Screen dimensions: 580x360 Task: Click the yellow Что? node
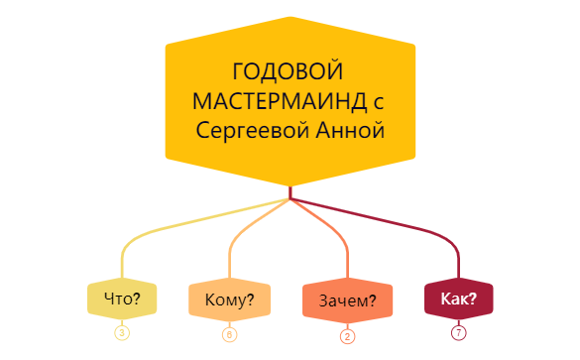point(122,299)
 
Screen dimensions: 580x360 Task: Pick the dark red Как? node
point(458,299)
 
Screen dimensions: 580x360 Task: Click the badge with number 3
point(122,332)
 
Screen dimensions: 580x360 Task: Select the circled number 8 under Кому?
point(230,334)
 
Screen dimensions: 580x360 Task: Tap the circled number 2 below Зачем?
point(348,335)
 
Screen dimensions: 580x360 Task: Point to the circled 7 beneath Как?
point(458,332)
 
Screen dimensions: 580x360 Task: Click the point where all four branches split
point(290,199)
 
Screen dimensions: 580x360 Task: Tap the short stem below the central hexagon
point(290,191)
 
